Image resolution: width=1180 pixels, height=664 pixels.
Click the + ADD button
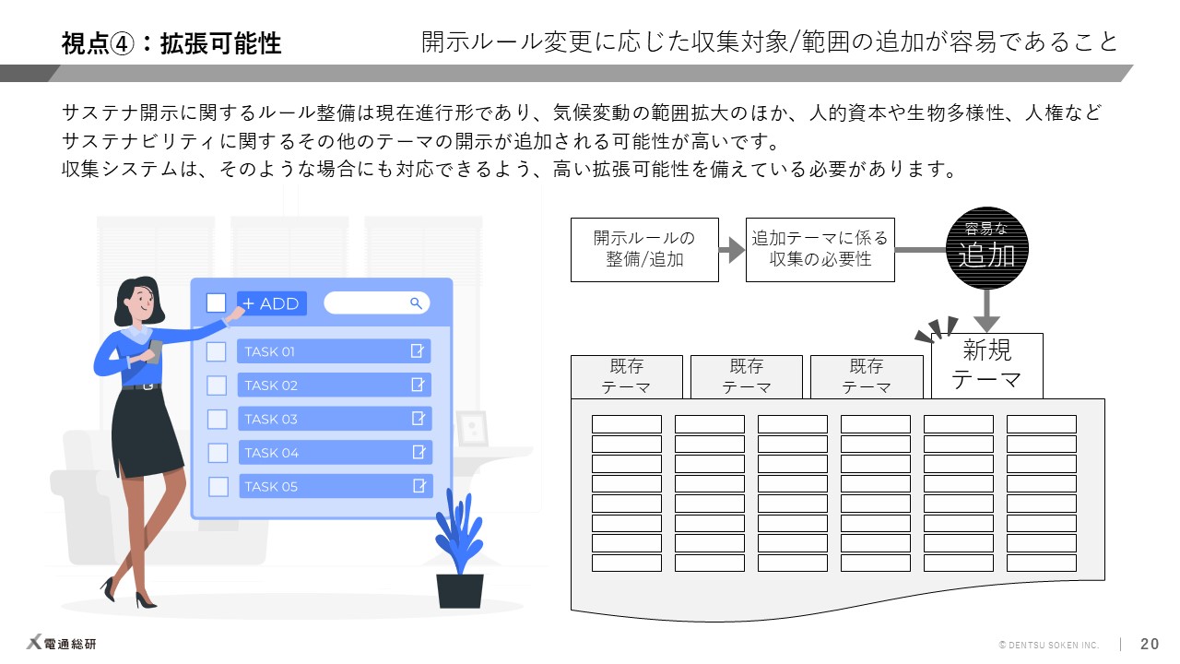(271, 303)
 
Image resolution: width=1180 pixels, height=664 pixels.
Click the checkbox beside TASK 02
(217, 385)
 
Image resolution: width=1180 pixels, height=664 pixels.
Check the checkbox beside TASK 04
(218, 453)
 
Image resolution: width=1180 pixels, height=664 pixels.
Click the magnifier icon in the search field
(416, 302)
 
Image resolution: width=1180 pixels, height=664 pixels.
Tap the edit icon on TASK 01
(419, 350)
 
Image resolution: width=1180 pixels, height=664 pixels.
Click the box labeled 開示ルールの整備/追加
(644, 249)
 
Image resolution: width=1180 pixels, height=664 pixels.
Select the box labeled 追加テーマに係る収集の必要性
(820, 249)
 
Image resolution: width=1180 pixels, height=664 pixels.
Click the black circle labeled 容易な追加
(986, 248)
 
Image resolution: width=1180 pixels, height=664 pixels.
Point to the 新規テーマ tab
(986, 365)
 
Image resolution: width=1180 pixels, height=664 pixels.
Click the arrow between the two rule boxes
(732, 249)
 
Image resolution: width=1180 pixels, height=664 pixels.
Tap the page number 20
(1150, 645)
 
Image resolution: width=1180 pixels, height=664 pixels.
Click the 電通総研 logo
(61, 644)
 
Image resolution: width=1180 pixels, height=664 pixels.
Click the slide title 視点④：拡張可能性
(171, 43)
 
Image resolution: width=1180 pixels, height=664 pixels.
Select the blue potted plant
(460, 553)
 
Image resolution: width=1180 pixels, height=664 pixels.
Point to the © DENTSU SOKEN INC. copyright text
(1049, 645)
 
